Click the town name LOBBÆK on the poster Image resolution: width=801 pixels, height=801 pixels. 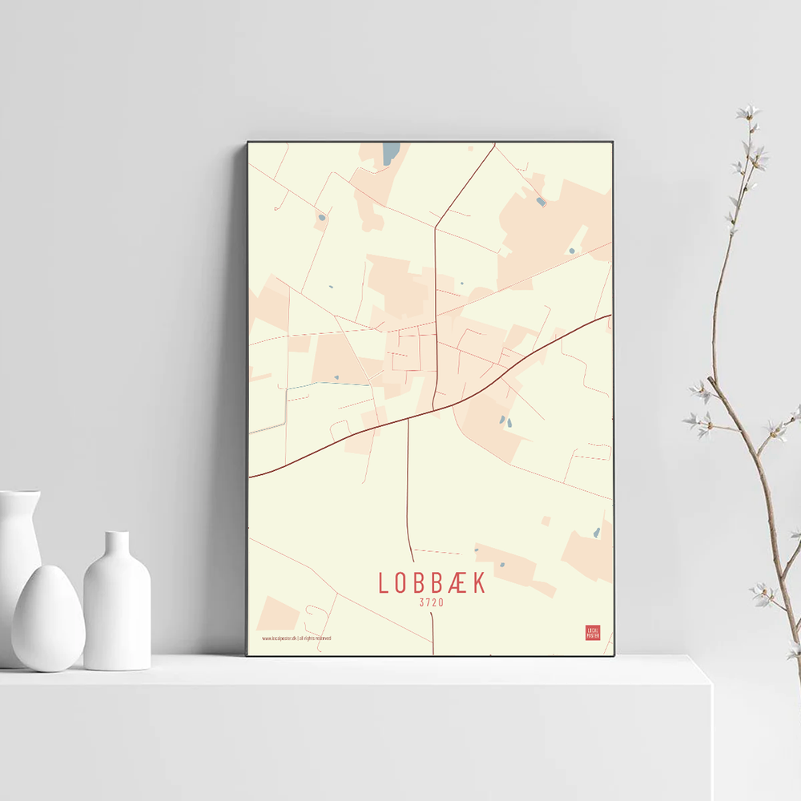pyautogui.click(x=432, y=583)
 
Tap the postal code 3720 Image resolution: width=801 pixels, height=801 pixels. pyautogui.click(x=432, y=603)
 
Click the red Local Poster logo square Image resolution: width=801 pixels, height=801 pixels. pyautogui.click(x=593, y=633)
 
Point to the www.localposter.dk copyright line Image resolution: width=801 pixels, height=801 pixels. pyautogui.click(x=296, y=638)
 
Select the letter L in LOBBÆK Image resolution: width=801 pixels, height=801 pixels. pyautogui.click(x=384, y=583)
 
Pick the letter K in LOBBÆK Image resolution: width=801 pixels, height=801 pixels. pyautogui.click(x=479, y=583)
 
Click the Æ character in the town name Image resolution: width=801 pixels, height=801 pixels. pyautogui.click(x=457, y=583)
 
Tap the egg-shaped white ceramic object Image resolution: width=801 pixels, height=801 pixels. pyautogui.click(x=48, y=618)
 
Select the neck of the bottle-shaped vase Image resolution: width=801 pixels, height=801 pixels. pyautogui.click(x=117, y=545)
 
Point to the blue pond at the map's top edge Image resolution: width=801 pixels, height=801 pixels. pyautogui.click(x=390, y=153)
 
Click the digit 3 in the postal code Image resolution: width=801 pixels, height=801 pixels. pyautogui.click(x=421, y=603)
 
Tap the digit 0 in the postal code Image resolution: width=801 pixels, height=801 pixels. pyautogui.click(x=441, y=603)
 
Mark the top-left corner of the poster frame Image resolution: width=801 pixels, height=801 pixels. pyautogui.click(x=248, y=143)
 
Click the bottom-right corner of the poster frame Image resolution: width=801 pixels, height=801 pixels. pyautogui.click(x=614, y=655)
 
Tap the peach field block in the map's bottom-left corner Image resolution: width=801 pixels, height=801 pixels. pyautogui.click(x=277, y=614)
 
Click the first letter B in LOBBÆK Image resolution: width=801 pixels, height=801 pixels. pyautogui.click(x=420, y=583)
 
